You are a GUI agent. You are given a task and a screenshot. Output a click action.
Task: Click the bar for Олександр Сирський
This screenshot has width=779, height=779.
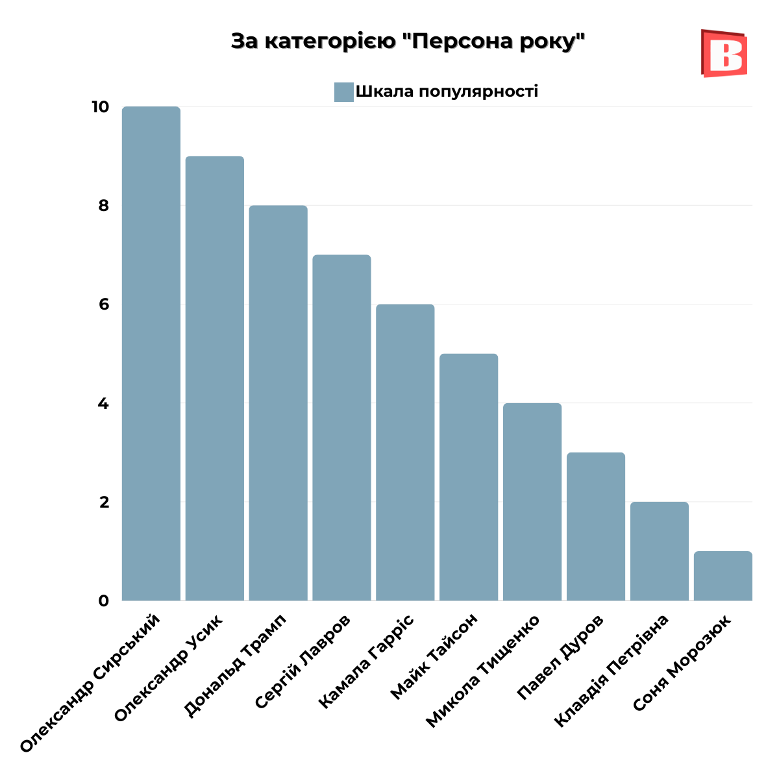[151, 354]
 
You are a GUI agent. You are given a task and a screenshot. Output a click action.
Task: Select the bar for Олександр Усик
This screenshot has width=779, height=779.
[215, 378]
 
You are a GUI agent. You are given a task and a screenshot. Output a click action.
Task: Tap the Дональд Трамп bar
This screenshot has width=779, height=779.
[278, 403]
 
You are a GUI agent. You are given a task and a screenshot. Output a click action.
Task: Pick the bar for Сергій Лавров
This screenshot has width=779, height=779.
[341, 428]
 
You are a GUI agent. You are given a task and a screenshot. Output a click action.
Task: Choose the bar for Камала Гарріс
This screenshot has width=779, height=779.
[405, 452]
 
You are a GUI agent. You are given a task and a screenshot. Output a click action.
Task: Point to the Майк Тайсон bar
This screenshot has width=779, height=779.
[469, 477]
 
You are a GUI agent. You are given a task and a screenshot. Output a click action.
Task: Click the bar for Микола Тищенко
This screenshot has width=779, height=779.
[532, 502]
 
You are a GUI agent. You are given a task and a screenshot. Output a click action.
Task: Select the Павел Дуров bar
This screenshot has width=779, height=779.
[596, 526]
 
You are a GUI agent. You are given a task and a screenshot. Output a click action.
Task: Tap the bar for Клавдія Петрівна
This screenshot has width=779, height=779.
[660, 551]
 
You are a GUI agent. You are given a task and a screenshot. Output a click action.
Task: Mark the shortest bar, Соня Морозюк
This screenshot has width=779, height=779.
[723, 576]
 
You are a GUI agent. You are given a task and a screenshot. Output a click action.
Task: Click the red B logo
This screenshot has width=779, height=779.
[724, 53]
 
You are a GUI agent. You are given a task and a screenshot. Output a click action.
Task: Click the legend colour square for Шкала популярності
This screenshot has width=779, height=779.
[343, 92]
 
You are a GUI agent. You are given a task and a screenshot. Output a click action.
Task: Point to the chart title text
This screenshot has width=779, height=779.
[408, 42]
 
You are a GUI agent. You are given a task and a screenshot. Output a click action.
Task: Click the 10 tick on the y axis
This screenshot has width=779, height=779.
[100, 107]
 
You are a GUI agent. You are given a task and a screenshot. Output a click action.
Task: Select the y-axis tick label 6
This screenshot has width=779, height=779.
[103, 304]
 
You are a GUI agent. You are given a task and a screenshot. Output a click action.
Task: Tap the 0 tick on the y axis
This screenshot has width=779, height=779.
[103, 601]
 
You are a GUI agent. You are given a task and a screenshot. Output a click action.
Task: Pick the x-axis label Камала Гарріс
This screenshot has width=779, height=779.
[367, 660]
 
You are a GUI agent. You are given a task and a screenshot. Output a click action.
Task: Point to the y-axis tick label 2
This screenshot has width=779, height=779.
[103, 502]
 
